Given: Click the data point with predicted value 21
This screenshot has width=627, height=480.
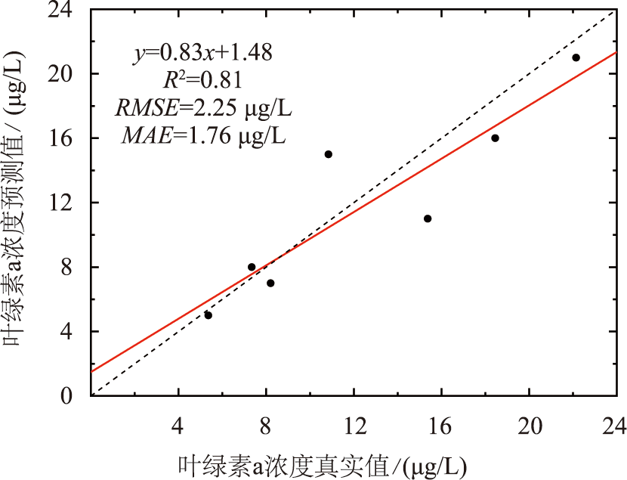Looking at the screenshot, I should click(576, 57).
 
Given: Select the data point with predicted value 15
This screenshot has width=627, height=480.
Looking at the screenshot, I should click(328, 154).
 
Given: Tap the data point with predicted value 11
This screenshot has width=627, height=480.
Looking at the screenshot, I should click(428, 218).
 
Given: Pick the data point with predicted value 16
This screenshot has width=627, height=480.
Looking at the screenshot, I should click(495, 138).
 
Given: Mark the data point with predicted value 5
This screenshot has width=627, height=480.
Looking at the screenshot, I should click(208, 314).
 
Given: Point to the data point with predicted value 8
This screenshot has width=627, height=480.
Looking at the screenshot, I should click(252, 267).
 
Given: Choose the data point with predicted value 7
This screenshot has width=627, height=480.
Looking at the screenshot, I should click(270, 283).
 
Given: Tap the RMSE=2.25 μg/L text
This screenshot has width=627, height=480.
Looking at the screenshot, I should click(202, 108).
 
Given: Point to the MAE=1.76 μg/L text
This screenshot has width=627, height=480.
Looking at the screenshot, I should click(202, 136).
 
